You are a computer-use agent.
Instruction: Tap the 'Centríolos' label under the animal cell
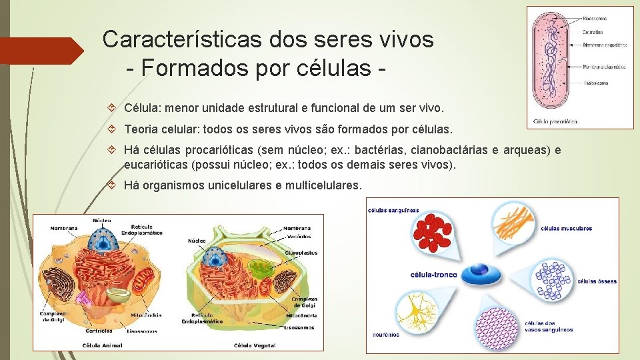tap(99, 331)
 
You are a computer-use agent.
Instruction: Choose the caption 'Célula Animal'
tap(102, 345)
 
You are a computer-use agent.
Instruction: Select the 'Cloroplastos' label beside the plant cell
tap(301, 253)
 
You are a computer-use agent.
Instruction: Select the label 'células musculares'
tap(566, 229)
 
